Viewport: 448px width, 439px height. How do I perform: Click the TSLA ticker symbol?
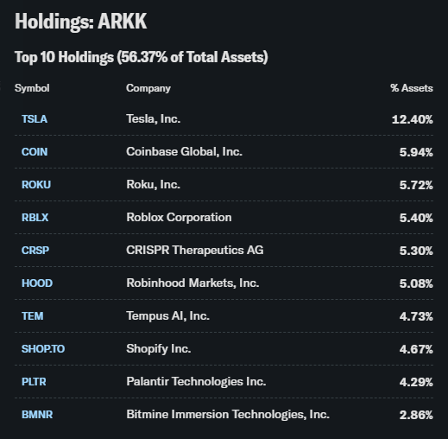(35, 119)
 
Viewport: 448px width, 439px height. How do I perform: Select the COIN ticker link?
(35, 152)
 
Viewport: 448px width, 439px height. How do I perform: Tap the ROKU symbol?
(35, 185)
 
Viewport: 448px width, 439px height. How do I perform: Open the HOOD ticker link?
(35, 283)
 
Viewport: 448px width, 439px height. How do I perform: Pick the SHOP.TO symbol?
(43, 349)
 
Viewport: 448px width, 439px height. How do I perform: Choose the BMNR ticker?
(37, 415)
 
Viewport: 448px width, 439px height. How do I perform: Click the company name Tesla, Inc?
(153, 118)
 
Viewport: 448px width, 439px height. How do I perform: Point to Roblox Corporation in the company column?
(179, 217)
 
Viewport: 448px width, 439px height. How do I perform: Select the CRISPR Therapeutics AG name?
(195, 250)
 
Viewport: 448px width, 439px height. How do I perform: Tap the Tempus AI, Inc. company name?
(167, 315)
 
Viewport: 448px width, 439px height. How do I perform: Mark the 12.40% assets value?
(412, 119)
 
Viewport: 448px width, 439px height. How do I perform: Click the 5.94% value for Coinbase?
(415, 152)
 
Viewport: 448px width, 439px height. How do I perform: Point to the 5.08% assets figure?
(415, 283)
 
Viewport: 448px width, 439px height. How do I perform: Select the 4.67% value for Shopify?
(415, 349)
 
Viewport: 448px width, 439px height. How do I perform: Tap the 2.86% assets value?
(415, 415)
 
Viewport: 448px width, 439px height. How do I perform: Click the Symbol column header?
(32, 88)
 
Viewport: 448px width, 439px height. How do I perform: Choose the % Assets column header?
(411, 88)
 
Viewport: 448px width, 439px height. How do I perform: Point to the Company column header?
(148, 88)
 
